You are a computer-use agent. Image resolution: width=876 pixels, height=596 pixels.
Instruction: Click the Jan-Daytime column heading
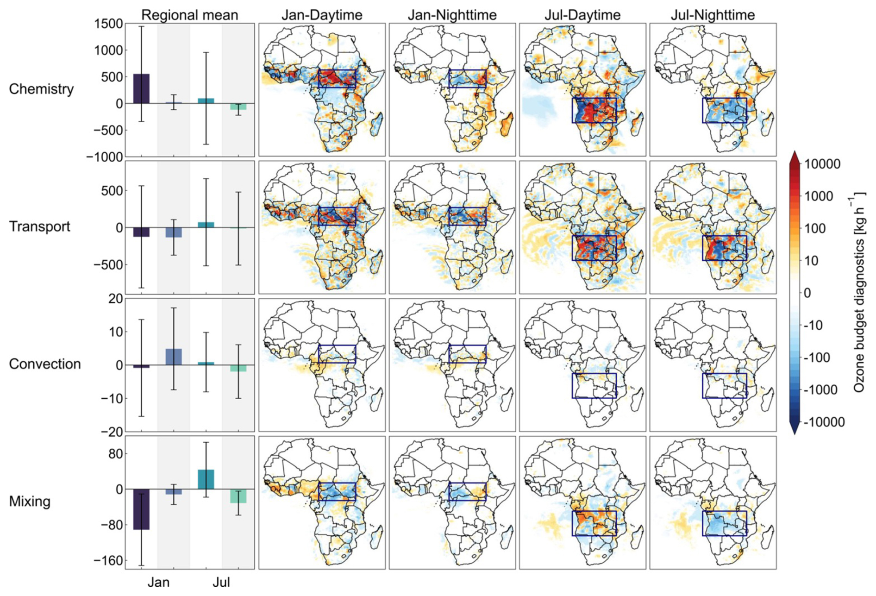point(322,15)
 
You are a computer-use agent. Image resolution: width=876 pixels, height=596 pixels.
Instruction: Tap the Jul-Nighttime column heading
point(713,15)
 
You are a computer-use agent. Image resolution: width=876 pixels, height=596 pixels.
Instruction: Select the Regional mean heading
point(189,15)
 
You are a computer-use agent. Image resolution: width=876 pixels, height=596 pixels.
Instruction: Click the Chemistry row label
point(41,89)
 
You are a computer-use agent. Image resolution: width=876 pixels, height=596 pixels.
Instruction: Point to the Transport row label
point(39,226)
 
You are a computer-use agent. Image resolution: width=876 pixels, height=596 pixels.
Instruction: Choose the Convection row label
point(44,364)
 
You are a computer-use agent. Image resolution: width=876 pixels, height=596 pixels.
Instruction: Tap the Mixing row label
point(30,502)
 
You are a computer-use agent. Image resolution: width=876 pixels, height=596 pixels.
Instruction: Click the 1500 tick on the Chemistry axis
point(109,24)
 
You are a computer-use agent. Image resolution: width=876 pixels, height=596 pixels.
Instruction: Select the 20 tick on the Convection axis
point(116,299)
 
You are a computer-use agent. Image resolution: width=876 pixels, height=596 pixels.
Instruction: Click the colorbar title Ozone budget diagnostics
point(859,293)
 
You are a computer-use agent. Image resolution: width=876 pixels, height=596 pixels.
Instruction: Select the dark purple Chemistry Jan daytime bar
point(141,88)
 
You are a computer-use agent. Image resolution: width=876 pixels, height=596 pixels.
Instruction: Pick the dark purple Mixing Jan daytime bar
point(141,509)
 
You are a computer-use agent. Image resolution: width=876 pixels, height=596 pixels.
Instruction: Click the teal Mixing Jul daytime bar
point(206,479)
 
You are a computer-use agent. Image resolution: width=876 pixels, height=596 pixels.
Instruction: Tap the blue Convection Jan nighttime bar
point(174,357)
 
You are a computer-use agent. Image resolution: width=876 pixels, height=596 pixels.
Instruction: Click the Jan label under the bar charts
point(158,582)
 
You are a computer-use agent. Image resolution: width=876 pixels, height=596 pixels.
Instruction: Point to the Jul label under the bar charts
point(221,582)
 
